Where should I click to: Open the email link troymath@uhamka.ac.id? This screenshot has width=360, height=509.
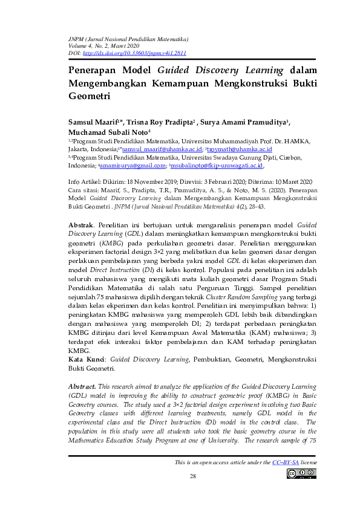[x=240, y=149]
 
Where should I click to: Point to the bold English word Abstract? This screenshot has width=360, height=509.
[x=81, y=385]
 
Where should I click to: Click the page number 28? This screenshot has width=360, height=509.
[x=193, y=477]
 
